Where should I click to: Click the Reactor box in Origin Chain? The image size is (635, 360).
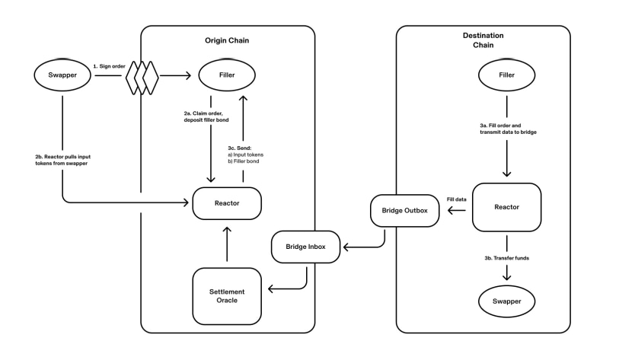[x=227, y=203]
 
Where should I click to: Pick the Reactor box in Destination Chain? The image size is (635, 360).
[x=506, y=207]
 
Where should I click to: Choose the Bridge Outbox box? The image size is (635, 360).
[x=405, y=211]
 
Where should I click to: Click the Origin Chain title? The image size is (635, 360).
[x=227, y=40]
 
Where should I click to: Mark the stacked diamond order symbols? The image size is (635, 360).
[x=142, y=75]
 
